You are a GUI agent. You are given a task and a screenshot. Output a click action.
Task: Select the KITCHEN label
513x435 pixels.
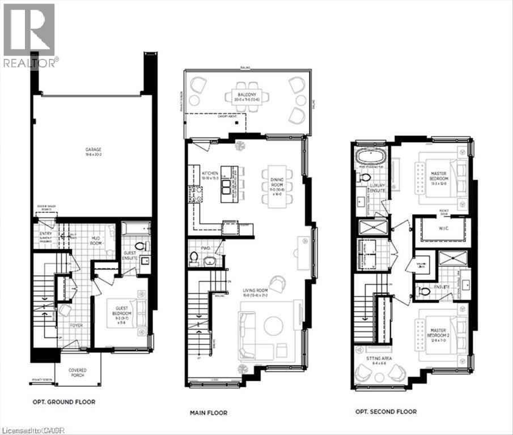click(210, 173)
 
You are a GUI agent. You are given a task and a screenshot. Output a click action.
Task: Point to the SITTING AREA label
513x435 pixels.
click(379, 359)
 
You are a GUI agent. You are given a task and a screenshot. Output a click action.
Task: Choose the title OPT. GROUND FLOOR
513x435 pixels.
click(63, 402)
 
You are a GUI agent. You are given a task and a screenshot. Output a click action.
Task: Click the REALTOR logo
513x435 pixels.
click(29, 34)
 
